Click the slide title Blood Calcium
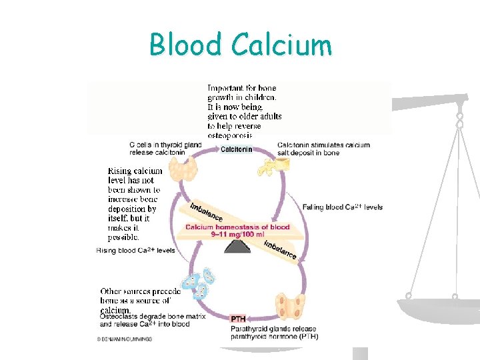pos(240,45)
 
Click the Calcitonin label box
pos(236,149)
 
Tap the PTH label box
pos(239,319)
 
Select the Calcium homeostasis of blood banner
pos(237,227)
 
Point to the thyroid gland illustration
pos(183,169)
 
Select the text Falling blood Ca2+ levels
pos(343,207)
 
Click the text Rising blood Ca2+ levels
pos(136,251)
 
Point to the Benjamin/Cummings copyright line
pos(125,339)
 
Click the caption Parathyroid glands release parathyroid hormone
pos(274,333)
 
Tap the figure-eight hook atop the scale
pos(459,120)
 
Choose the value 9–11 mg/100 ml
pos(237,235)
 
